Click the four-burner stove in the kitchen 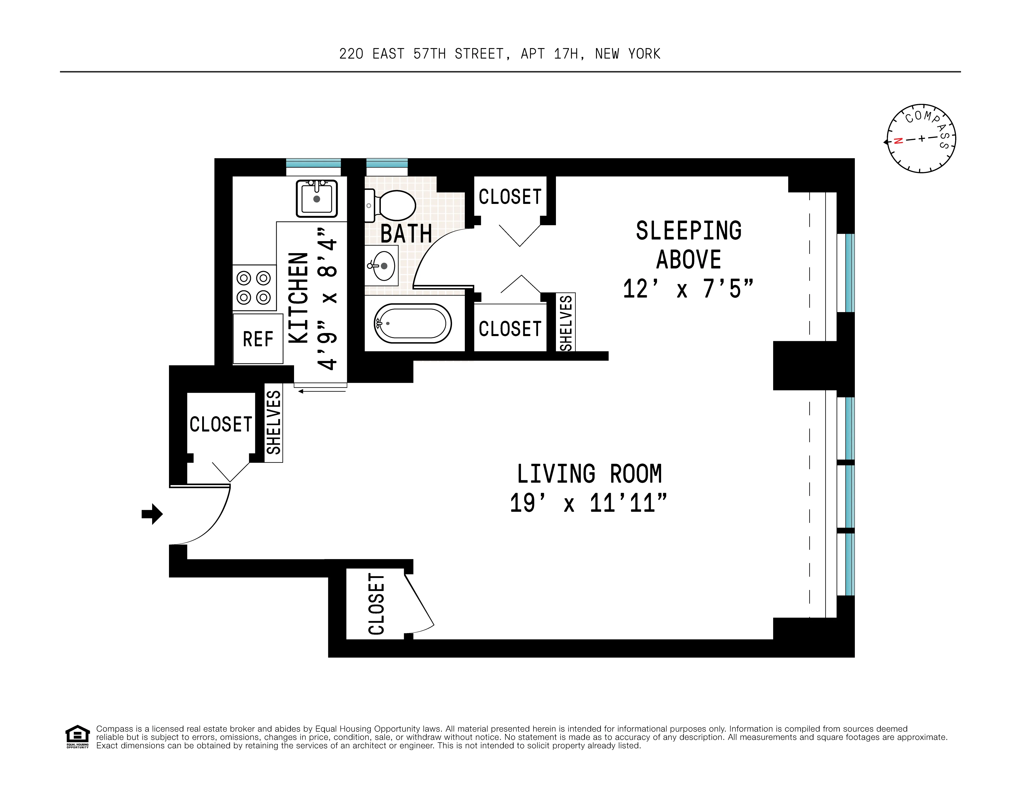tap(254, 287)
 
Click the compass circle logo tap(921, 138)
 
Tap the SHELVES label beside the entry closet tap(273, 423)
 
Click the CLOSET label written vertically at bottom tap(376, 604)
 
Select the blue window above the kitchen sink tap(313, 163)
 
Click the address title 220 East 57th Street tap(499, 54)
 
